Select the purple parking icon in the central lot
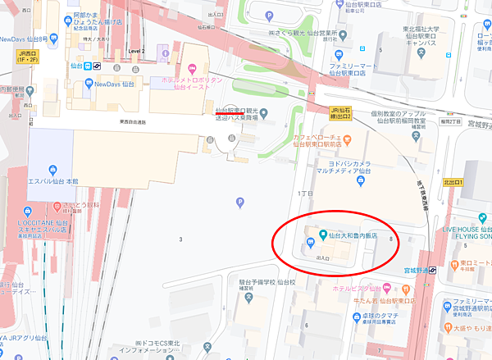[x=239, y=202]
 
